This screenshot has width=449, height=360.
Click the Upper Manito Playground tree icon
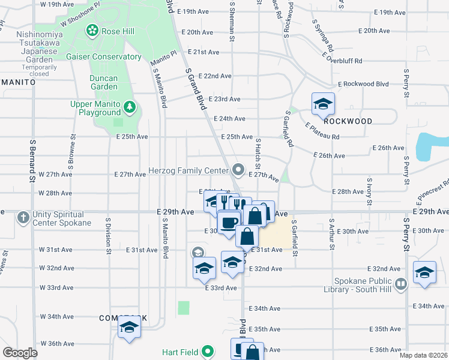click(x=129, y=107)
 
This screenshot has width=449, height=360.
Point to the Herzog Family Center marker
click(x=239, y=171)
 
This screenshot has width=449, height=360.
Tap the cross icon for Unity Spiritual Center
click(x=23, y=217)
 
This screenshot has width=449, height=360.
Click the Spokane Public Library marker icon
click(x=400, y=283)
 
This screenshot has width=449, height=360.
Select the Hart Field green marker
click(x=208, y=352)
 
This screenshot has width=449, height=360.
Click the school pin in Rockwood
click(x=323, y=104)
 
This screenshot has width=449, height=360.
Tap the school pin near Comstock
click(x=128, y=328)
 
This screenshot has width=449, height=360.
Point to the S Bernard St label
click(x=32, y=162)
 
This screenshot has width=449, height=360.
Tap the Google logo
click(x=20, y=352)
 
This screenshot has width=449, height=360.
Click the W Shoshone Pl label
click(x=78, y=10)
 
